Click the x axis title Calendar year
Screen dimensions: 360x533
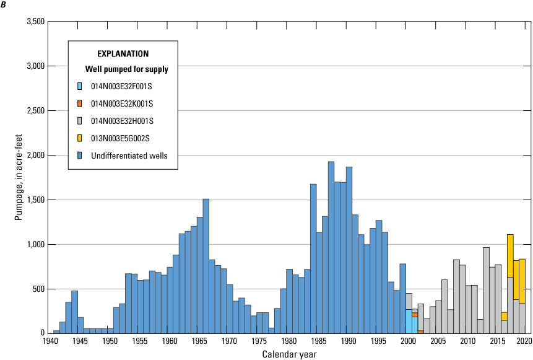[x=288, y=354]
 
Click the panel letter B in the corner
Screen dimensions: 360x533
[x=6, y=6]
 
